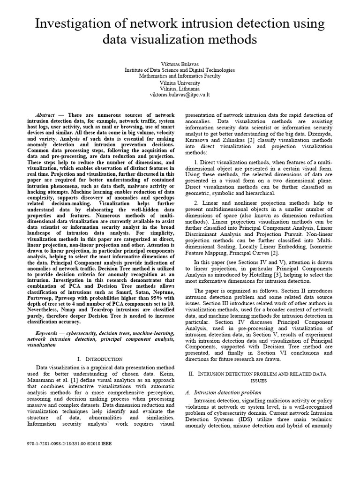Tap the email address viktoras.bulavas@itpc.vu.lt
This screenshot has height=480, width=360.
coord(180,94)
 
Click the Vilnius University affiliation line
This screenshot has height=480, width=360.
coord(180,82)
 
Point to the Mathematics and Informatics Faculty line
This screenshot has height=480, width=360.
coord(180,75)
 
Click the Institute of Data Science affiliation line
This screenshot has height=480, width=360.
coord(180,69)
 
